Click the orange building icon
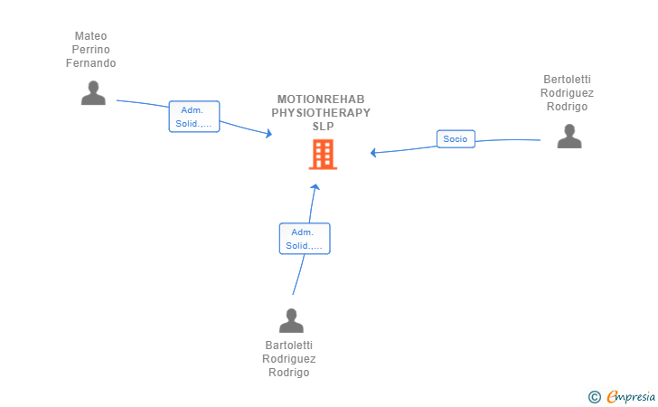323,154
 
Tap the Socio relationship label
456,139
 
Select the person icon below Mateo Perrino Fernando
93,92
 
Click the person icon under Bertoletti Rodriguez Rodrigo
569,136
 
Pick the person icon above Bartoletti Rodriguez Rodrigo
291,320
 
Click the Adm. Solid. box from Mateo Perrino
193,117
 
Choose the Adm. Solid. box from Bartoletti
305,239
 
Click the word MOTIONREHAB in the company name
321,99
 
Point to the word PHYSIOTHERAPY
321,112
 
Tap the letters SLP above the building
324,126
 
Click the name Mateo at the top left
90,35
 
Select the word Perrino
90,49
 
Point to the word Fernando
90,63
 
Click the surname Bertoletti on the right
567,79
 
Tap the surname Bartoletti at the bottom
288,345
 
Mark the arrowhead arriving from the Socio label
372,153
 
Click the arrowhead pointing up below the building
315,186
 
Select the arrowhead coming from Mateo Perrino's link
269,134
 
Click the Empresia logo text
631,396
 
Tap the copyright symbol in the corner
594,397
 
